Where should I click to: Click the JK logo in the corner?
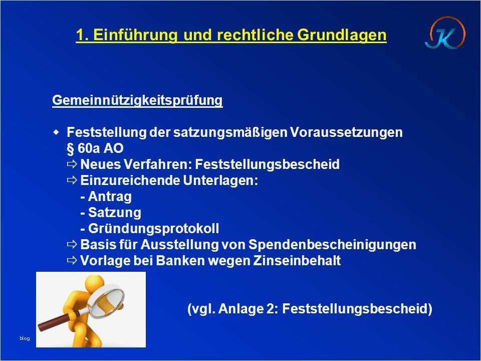pyautogui.click(x=445, y=33)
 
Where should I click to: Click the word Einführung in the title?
pyautogui.click(x=135, y=35)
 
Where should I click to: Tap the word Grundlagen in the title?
pyautogui.click(x=342, y=35)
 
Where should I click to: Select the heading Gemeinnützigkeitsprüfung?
pyautogui.click(x=137, y=100)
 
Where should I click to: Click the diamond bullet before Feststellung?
pyautogui.click(x=56, y=132)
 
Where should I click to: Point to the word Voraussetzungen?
pyautogui.click(x=346, y=132)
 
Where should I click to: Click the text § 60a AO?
pyautogui.click(x=95, y=148)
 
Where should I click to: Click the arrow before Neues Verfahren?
pyautogui.click(x=72, y=164)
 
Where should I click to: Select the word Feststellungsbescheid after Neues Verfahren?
pyautogui.click(x=267, y=164)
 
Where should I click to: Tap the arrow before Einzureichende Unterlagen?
pyautogui.click(x=72, y=180)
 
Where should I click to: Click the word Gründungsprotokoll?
pyautogui.click(x=154, y=229)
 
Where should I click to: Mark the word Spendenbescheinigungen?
pyautogui.click(x=332, y=245)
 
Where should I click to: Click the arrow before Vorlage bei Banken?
pyautogui.click(x=72, y=261)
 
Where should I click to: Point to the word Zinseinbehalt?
pyautogui.click(x=297, y=261)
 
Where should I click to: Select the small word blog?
pyautogui.click(x=25, y=338)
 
